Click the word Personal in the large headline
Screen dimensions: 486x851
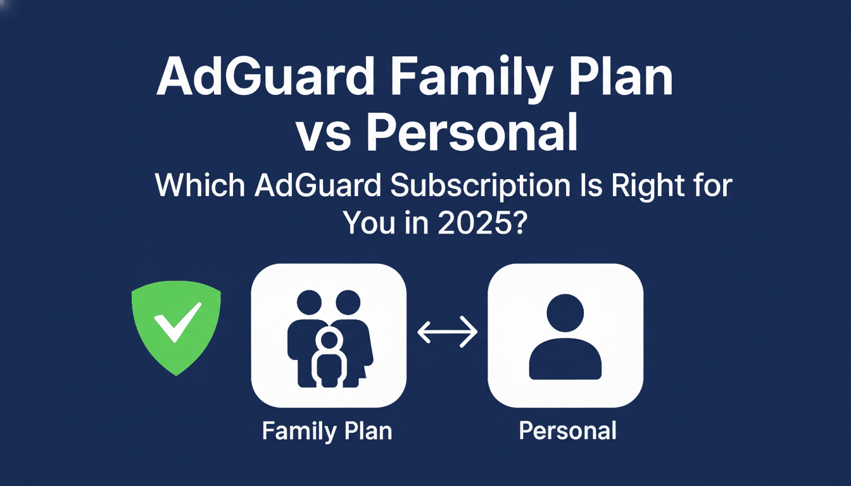coord(472,134)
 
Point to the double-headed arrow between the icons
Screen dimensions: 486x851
coord(447,332)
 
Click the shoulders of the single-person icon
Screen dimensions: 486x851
coord(565,361)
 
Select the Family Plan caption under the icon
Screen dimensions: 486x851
coord(327,431)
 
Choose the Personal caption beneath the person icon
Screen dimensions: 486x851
coord(567,431)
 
